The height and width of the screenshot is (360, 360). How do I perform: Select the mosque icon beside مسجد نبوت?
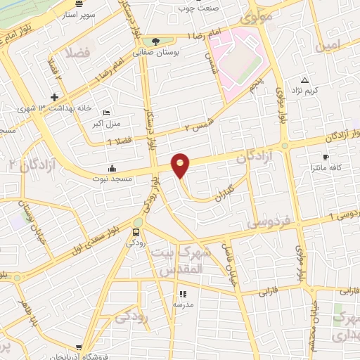pyautogui.click(x=112, y=168)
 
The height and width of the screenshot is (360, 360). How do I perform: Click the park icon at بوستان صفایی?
pyautogui.click(x=155, y=41)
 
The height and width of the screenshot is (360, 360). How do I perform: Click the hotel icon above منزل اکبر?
pyautogui.click(x=106, y=113)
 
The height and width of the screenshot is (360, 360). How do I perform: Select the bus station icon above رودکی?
pyautogui.click(x=136, y=231)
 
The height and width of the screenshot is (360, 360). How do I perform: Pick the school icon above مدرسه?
pyautogui.click(x=183, y=295)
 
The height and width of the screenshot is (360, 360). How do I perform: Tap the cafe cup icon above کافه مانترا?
pyautogui.click(x=325, y=157)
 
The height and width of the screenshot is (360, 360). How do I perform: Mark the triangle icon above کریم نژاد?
pyautogui.click(x=304, y=79)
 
